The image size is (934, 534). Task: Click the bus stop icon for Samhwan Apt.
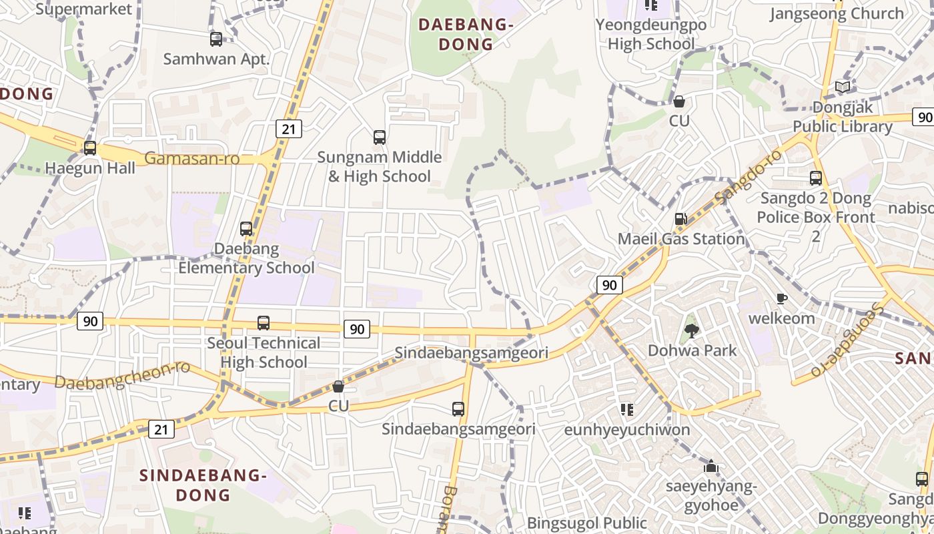tap(216, 39)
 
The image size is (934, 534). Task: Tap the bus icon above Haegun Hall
tap(90, 148)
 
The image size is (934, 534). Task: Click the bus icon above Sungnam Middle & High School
tap(380, 138)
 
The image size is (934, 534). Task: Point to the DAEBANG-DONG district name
tap(465, 35)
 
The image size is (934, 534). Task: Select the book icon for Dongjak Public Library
tap(843, 87)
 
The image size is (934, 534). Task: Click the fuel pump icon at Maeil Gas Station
tap(680, 219)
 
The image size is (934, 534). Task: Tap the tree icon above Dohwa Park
tap(692, 330)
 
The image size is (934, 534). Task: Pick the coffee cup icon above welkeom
tap(782, 298)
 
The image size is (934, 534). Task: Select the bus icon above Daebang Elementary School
tap(246, 229)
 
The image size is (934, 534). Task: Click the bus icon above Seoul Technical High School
tap(264, 323)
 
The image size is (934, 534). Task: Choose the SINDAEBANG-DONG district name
tap(203, 485)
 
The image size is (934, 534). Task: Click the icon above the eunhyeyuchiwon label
tap(626, 409)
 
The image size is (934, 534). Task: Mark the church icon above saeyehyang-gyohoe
tap(711, 466)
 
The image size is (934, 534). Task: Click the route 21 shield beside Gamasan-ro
tap(289, 129)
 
